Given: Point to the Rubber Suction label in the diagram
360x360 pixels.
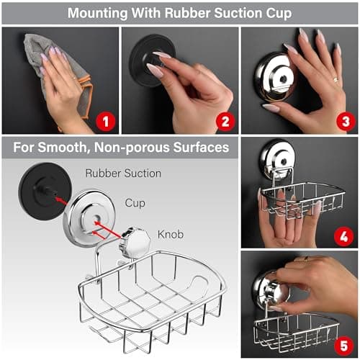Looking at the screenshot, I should click(123, 173).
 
